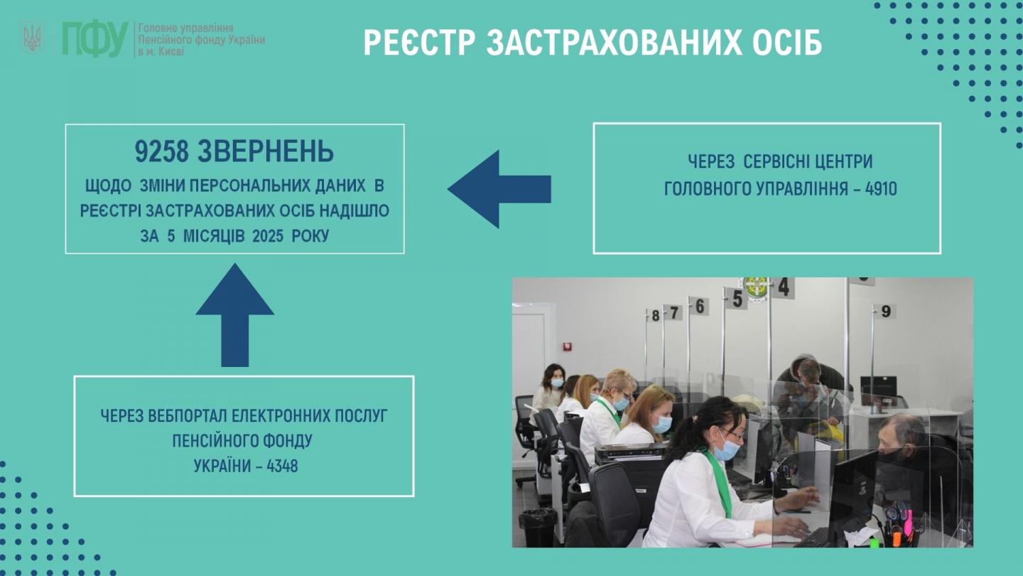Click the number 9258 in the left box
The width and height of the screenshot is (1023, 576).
(x=162, y=151)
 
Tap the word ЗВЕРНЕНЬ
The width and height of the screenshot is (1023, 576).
(x=266, y=151)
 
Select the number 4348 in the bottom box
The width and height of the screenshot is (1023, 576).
(x=282, y=466)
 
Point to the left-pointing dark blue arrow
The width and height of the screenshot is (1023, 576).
(x=499, y=189)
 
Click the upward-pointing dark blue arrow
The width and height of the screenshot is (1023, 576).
(x=234, y=315)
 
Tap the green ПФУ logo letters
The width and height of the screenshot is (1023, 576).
(x=95, y=39)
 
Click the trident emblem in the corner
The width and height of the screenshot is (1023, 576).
(x=32, y=38)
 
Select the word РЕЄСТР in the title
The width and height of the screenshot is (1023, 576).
(x=419, y=43)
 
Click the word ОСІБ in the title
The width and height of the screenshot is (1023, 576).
(x=782, y=43)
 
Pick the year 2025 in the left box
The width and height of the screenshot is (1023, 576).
(x=268, y=236)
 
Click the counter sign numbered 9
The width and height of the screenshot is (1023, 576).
(x=886, y=311)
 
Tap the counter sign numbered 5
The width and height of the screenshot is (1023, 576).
(x=737, y=299)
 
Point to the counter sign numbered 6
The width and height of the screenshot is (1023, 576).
(x=699, y=306)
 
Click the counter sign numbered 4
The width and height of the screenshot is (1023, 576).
(x=783, y=288)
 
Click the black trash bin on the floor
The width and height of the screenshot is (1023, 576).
(x=538, y=527)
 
